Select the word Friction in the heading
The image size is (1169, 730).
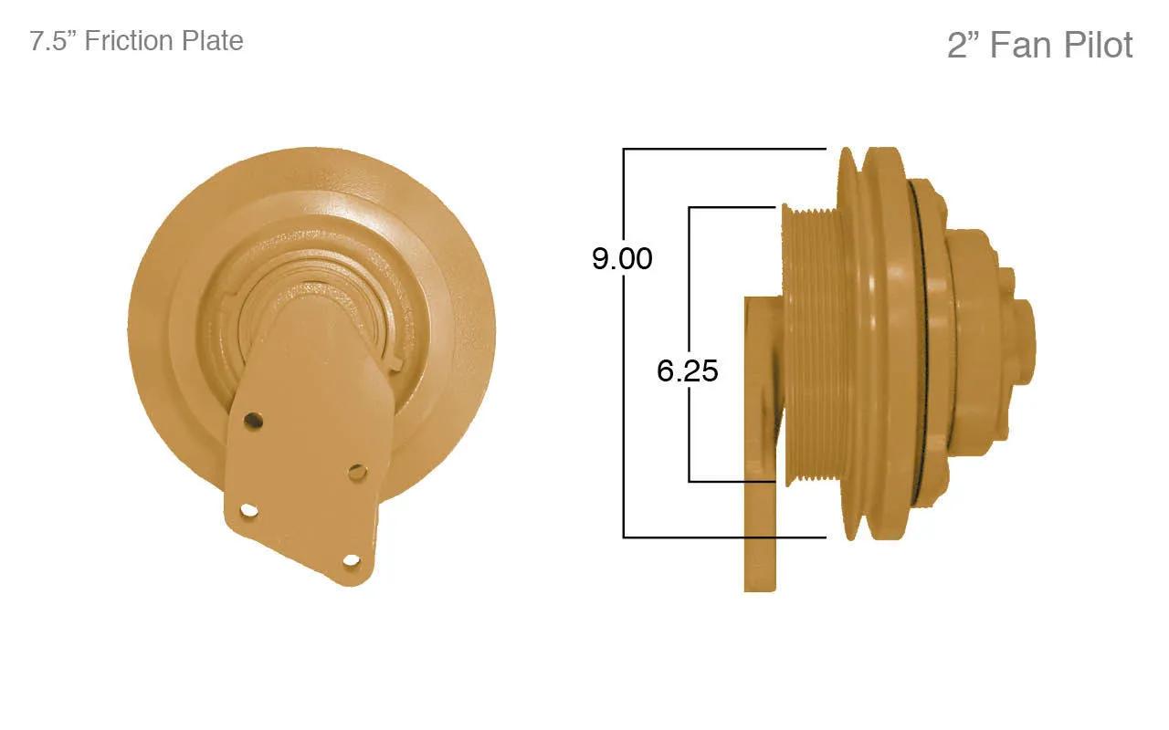coord(129,41)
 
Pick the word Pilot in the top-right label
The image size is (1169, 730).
coord(1099,45)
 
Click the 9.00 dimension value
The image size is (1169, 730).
coord(622,258)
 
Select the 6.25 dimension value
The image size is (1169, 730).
coord(688,370)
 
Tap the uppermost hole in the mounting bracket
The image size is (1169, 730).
coord(253,420)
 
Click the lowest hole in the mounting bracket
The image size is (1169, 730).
coord(352,561)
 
